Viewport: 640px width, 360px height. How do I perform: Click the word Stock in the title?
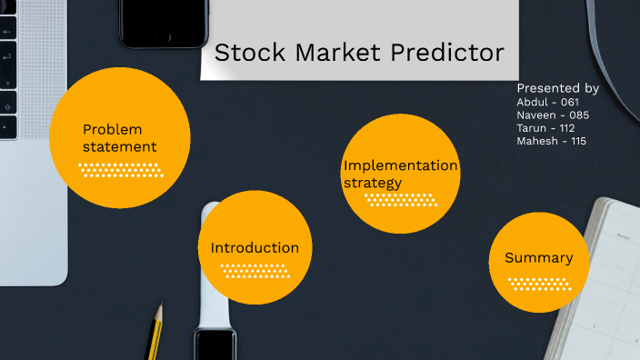[x=241, y=53]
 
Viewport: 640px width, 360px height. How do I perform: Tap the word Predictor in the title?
[x=446, y=53]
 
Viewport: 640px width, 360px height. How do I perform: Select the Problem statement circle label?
[x=119, y=137]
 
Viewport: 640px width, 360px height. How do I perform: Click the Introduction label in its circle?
[x=255, y=247]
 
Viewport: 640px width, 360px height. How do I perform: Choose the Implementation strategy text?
[x=400, y=174]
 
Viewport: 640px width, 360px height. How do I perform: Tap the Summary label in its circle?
[x=538, y=257]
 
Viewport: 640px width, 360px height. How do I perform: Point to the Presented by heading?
[x=557, y=88]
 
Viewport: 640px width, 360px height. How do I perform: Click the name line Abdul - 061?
[x=547, y=102]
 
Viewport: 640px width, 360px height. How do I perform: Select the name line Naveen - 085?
[x=552, y=115]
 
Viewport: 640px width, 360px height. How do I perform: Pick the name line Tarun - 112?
[x=545, y=128]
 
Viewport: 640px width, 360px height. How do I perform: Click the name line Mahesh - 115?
[x=551, y=141]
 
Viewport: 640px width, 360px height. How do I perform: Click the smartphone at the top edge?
[x=164, y=23]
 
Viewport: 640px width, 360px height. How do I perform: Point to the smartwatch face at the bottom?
[x=215, y=345]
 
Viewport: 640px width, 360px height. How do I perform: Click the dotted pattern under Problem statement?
[x=121, y=169]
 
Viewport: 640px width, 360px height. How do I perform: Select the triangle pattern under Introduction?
[x=255, y=270]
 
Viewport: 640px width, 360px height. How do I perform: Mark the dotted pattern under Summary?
[x=537, y=284]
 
